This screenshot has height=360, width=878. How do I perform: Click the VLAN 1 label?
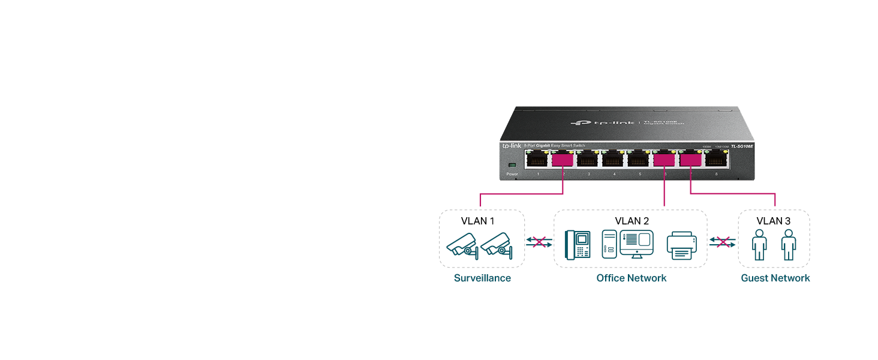tap(477, 221)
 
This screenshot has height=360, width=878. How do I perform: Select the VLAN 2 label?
tap(632, 221)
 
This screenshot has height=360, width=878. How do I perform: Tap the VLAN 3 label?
tap(773, 221)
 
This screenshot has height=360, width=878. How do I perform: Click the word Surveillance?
tap(482, 278)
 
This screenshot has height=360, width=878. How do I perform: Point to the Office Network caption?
tap(631, 278)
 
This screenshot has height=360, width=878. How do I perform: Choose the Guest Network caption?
tap(775, 278)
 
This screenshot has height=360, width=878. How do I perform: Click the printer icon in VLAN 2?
tap(682, 245)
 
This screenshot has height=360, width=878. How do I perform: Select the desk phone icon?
tap(578, 245)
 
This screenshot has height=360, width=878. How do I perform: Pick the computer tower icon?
tap(609, 245)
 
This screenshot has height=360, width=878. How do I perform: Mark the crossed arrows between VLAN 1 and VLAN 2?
tap(539, 242)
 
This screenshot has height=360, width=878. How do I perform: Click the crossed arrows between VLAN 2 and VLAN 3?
tap(722, 242)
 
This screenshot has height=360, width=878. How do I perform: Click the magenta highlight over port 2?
tap(563, 160)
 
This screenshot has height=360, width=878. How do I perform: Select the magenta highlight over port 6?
tap(664, 160)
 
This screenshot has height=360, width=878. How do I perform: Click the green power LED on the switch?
tap(511, 166)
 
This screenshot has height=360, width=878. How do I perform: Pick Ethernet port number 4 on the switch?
tap(614, 160)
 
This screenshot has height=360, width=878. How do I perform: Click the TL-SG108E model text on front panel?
tap(741, 146)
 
